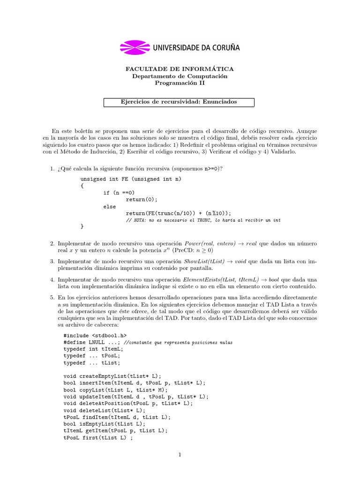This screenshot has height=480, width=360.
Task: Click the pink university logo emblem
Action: click(135, 47)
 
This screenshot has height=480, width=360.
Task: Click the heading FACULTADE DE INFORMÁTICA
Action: click(180, 69)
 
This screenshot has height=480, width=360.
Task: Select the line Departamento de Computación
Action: click(180, 76)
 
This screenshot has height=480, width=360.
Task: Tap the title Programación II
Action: click(180, 83)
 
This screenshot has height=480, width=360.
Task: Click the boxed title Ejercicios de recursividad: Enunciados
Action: click(179, 102)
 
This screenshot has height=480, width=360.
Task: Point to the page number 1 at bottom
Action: click(180, 454)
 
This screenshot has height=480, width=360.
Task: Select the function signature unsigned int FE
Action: click(131, 179)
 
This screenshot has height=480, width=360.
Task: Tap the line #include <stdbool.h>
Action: click(95, 336)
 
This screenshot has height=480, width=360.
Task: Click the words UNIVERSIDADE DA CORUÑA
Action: click(196, 47)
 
